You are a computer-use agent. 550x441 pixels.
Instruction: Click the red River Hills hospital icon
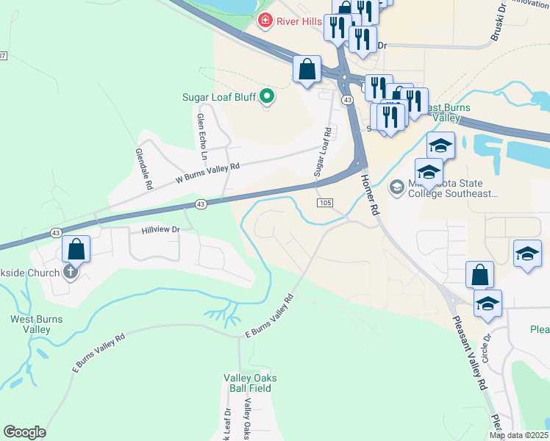pyautogui.click(x=265, y=21)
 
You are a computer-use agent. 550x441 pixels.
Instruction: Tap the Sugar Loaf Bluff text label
pyautogui.click(x=219, y=97)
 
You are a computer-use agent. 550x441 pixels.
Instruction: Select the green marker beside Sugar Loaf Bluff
pyautogui.click(x=268, y=96)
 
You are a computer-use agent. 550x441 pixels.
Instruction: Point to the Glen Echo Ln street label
pyautogui.click(x=201, y=136)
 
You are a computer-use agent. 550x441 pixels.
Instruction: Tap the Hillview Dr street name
pyautogui.click(x=160, y=230)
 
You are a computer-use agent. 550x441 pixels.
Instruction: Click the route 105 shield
pyautogui.click(x=326, y=203)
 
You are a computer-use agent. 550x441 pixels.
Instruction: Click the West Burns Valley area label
pyautogui.click(x=36, y=324)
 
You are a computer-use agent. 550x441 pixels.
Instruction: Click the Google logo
pyautogui.click(x=24, y=432)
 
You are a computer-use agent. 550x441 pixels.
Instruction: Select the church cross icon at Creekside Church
pyautogui.click(x=71, y=273)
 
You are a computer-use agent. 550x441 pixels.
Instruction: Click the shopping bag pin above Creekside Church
pyautogui.click(x=76, y=249)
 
